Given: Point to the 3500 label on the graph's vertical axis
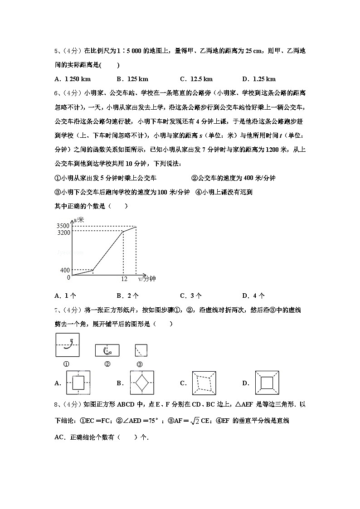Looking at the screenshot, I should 63,226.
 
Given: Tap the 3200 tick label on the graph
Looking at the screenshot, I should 63,233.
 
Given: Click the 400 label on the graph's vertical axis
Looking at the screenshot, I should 65,271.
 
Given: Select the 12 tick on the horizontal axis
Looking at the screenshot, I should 124,279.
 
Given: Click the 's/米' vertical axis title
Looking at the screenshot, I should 79,220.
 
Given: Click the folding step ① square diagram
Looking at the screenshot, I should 67,345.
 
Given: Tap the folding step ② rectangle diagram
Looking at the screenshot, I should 107,350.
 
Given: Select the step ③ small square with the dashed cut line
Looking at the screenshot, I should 141,350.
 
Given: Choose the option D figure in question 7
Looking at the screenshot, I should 267,383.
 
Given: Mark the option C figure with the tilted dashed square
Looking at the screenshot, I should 205,383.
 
